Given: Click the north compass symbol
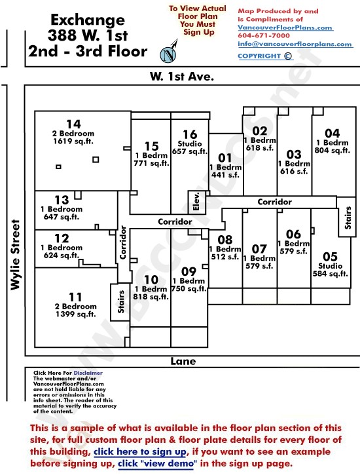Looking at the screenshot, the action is pos(169,52).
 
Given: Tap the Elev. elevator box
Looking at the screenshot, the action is pos(196,202).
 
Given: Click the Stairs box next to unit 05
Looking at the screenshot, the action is pos(347,218).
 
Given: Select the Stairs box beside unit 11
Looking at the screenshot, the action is pos(120,302).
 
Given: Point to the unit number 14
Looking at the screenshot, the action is pos(73,124).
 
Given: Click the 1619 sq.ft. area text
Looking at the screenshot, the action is pos(73,141).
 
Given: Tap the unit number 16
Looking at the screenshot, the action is pos(190,134).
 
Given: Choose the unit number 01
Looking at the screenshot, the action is pos(225,158).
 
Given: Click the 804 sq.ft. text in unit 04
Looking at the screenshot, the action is pos(332,150).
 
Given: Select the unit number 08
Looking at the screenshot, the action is pos(225,240).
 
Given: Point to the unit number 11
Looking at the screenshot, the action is pos(75,297).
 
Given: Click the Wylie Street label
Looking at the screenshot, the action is pos(15,255).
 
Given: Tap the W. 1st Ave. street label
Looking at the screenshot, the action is pos(182,77).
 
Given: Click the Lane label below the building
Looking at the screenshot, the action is pos(183,361).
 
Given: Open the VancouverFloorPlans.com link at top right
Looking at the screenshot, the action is pos(285,28).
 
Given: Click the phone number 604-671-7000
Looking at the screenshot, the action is pos(264,35).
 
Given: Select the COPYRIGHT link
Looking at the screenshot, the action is pos(265,56).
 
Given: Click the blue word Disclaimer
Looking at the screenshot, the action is pos(88,373).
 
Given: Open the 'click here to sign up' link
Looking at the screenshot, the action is pos(140,451).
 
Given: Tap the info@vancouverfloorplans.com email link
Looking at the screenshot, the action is pos(295,44).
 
